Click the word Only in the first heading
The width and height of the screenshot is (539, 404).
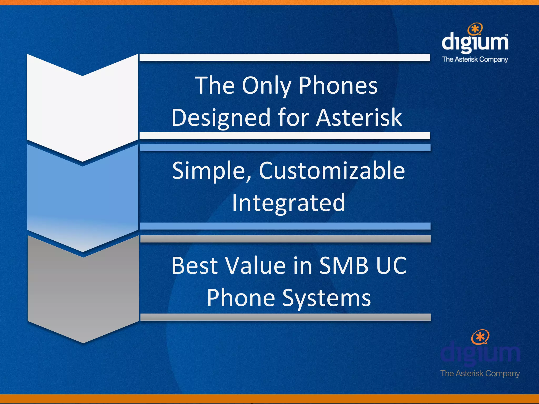tap(266, 86)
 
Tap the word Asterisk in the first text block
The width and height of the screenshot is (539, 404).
tap(359, 118)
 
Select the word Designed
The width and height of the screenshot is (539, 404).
tap(221, 118)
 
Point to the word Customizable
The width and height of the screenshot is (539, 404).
tap(332, 171)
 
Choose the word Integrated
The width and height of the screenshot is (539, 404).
tap(288, 203)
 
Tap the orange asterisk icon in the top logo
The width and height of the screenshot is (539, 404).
tap(475, 29)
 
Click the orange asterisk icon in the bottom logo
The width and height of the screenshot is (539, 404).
tap(480, 337)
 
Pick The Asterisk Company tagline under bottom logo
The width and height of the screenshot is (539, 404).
tap(480, 373)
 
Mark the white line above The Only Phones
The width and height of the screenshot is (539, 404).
tap(285, 57)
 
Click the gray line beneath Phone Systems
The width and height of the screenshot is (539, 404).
tap(286, 317)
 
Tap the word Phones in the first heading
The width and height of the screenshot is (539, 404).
tap(338, 86)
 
